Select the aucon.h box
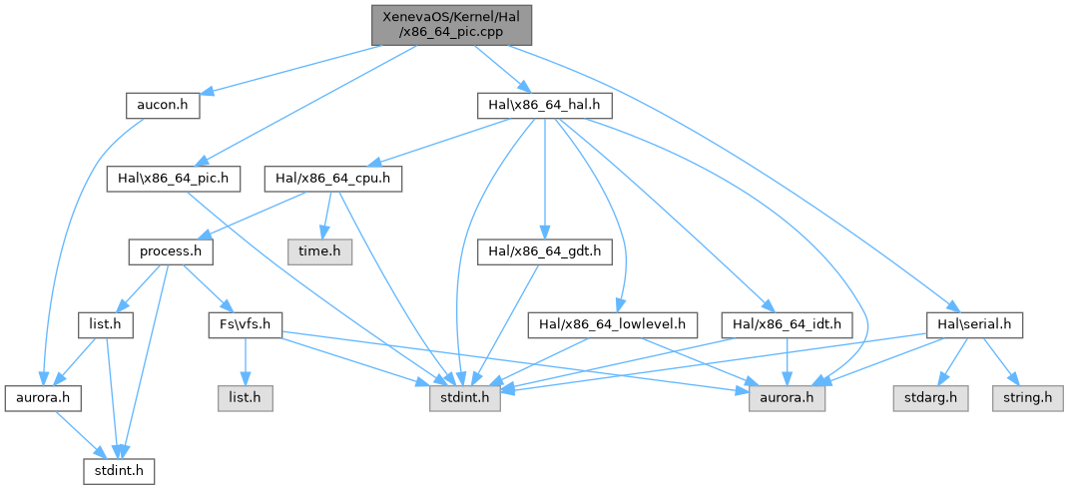163,105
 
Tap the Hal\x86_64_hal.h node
544,105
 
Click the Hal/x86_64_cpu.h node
332,180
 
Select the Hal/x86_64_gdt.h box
543,251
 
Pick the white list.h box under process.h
106,323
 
